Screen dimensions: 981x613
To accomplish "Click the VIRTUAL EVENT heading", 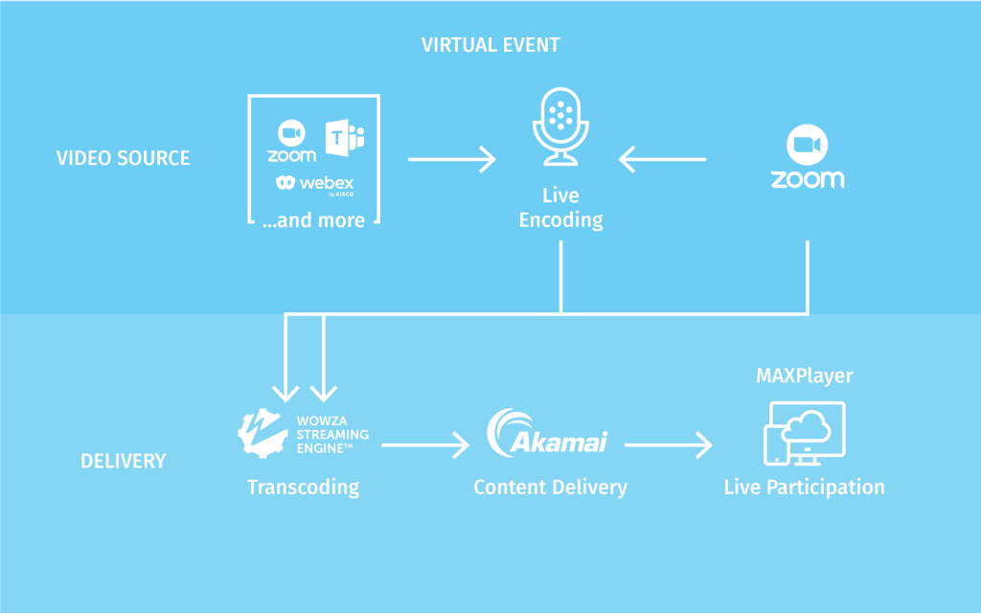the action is click(490, 45).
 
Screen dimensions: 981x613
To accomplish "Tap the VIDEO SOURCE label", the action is click(124, 158).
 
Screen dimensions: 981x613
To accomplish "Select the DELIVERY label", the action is click(124, 461).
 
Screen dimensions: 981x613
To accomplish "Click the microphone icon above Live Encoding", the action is click(560, 126).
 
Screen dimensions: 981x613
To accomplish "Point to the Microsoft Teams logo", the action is click(345, 138).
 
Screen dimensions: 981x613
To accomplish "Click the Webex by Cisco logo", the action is click(315, 185).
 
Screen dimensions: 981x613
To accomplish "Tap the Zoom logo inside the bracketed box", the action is click(291, 142).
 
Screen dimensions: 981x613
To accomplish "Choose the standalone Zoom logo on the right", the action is click(808, 156).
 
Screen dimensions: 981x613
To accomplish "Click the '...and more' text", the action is click(313, 220).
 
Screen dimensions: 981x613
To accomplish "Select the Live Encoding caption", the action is click(560, 208).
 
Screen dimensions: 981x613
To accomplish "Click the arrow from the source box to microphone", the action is click(452, 159).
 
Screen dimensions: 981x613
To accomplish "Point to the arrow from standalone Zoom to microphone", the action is click(662, 159).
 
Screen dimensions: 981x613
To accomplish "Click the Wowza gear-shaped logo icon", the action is click(262, 434).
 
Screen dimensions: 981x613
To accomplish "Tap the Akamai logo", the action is click(547, 433).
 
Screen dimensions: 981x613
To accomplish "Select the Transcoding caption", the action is click(304, 488).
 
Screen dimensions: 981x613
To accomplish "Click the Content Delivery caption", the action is click(551, 488).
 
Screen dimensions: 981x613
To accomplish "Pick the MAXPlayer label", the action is click(805, 375).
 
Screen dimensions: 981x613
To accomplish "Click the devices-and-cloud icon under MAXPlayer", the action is click(805, 434).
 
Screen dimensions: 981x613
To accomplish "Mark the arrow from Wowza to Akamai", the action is click(425, 445).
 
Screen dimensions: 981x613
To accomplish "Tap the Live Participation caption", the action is click(805, 488).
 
